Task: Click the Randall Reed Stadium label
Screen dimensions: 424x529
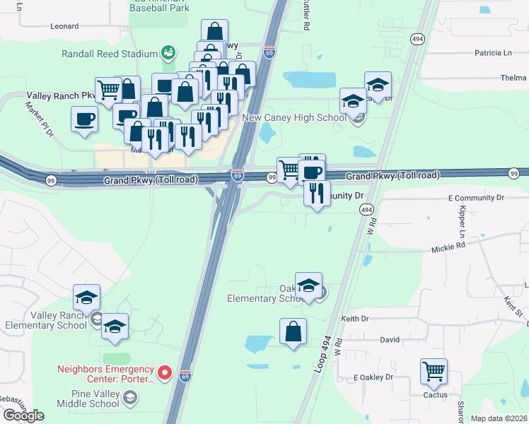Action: click(x=108, y=54)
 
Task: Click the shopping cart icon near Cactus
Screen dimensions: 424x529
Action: click(x=434, y=370)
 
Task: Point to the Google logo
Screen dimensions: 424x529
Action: click(x=23, y=416)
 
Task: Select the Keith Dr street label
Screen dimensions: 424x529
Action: click(x=355, y=319)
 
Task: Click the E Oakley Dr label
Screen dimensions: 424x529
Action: click(x=373, y=377)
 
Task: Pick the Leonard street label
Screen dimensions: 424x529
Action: click(x=64, y=26)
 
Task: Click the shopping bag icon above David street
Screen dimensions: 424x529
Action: click(x=293, y=331)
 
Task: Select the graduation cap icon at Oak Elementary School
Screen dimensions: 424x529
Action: click(x=308, y=285)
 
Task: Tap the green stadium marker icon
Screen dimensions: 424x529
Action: click(x=168, y=52)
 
